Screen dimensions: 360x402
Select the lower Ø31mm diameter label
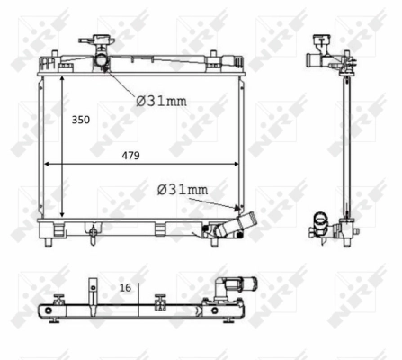[x=183, y=189]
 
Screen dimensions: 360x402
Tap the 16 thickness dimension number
[x=124, y=287]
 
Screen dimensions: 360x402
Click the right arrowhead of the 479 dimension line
[x=239, y=165]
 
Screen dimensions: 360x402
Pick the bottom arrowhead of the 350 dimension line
[x=61, y=216]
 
